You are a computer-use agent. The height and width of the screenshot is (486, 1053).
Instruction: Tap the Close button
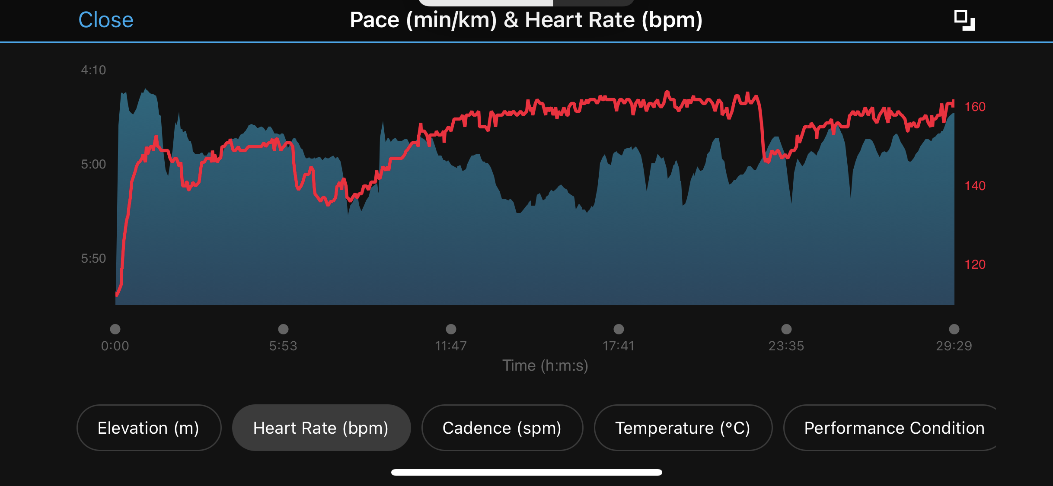106,20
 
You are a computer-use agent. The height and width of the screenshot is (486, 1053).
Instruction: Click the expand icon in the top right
964,20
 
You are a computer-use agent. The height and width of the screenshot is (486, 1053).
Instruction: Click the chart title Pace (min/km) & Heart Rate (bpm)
526,20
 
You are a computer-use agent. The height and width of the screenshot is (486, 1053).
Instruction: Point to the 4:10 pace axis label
93,70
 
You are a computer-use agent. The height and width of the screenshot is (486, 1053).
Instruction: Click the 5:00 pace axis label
93,164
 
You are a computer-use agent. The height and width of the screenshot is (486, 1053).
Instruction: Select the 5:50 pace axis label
93,258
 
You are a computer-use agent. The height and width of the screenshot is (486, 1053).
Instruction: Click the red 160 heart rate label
975,107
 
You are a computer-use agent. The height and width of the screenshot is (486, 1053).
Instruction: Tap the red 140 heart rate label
975,186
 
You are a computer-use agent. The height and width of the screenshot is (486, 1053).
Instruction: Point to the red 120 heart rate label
975,264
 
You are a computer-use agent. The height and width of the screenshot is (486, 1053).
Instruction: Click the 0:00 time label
115,346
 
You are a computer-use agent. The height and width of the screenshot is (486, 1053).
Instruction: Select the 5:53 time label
283,346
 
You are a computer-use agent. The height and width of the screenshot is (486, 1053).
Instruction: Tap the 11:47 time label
451,346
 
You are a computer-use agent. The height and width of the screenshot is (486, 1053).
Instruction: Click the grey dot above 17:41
619,329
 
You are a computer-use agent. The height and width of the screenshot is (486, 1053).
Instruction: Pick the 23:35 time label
786,346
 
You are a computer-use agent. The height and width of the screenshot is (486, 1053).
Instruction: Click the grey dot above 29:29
954,329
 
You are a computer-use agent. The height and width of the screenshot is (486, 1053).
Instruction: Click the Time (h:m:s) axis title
545,365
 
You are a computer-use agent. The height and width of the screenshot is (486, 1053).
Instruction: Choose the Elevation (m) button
149,428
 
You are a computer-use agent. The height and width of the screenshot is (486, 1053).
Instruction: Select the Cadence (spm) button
502,428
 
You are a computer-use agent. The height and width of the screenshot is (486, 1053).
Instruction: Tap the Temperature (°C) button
683,428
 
